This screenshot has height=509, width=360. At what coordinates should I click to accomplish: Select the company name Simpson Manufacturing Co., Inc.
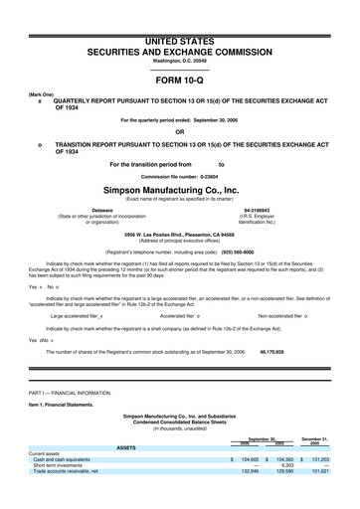(x=180, y=189)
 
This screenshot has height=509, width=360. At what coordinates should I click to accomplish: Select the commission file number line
(x=180, y=176)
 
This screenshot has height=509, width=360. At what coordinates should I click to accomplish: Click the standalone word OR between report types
(x=180, y=132)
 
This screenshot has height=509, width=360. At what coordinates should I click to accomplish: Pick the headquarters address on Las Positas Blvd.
(x=180, y=235)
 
